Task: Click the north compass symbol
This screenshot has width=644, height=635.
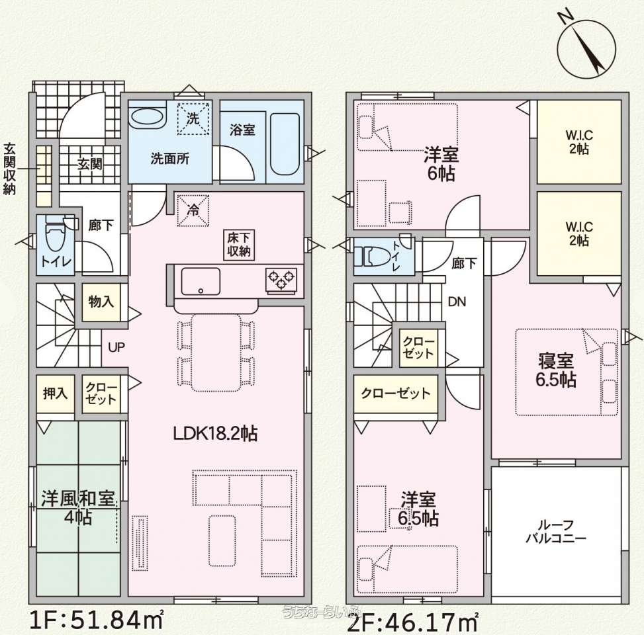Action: (x=586, y=47)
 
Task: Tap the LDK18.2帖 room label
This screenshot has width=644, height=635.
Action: (x=215, y=433)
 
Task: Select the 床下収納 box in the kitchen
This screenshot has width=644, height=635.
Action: (x=239, y=245)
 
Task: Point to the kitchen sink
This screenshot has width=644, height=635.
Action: (x=201, y=281)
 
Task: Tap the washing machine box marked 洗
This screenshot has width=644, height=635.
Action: (x=193, y=118)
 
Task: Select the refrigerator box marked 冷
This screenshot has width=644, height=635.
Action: (x=193, y=210)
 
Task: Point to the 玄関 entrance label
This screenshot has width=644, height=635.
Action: (x=90, y=164)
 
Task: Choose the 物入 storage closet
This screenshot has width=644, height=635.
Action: (x=101, y=302)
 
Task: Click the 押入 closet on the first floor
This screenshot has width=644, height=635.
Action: (x=56, y=394)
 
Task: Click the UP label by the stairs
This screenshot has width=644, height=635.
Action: (x=116, y=347)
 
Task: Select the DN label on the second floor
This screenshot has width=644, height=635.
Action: (x=457, y=302)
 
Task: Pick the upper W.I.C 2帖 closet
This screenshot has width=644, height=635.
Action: (x=578, y=142)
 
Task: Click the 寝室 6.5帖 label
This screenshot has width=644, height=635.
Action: (x=556, y=370)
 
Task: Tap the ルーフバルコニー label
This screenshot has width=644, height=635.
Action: (x=556, y=531)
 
